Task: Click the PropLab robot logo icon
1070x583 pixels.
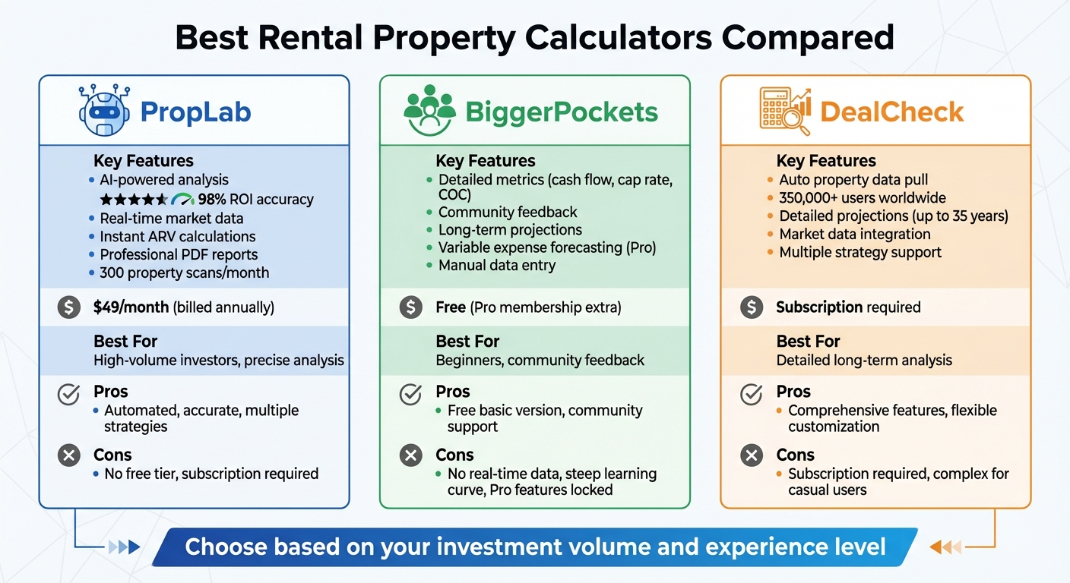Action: [104, 112]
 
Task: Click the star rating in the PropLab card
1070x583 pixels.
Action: [134, 200]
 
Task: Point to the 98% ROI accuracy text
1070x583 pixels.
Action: [255, 200]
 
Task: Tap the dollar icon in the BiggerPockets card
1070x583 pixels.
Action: [410, 307]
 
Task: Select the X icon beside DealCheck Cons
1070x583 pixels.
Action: [752, 455]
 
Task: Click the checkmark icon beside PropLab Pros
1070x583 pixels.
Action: [69, 395]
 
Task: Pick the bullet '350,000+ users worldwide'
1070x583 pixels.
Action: [862, 198]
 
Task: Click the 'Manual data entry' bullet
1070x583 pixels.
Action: [496, 266]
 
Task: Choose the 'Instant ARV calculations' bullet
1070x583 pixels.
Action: [177, 236]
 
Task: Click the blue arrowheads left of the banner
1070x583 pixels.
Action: [125, 547]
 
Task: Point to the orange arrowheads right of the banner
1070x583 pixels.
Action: [946, 547]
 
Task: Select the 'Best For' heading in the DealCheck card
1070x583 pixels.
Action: [809, 342]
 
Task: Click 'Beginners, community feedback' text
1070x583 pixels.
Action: [540, 360]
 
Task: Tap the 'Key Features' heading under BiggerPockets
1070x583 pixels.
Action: [485, 161]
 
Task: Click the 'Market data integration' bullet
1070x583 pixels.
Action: [854, 235]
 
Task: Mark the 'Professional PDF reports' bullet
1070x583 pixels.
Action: [179, 254]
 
